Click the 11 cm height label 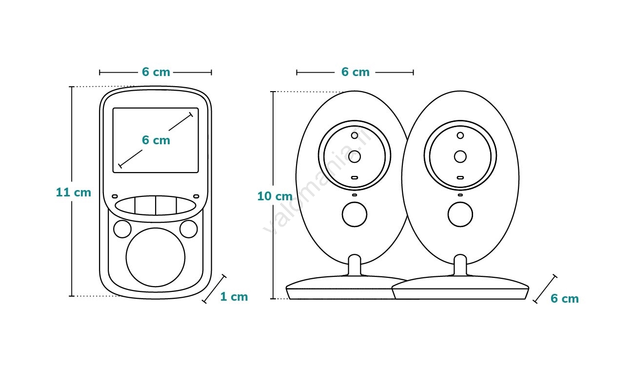pyautogui.click(x=73, y=193)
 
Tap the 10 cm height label pyautogui.click(x=275, y=196)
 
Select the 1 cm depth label pyautogui.click(x=234, y=297)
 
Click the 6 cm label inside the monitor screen pyautogui.click(x=156, y=140)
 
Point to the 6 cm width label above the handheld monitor pyautogui.click(x=156, y=72)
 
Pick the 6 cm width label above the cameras pyautogui.click(x=355, y=72)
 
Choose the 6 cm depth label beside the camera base pyautogui.click(x=565, y=299)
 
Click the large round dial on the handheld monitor pyautogui.click(x=156, y=257)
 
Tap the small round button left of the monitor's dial pyautogui.click(x=122, y=229)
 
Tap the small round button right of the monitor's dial pyautogui.click(x=189, y=229)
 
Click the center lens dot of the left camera pyautogui.click(x=355, y=156)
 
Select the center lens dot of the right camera pyautogui.click(x=460, y=156)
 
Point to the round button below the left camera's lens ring pyautogui.click(x=355, y=214)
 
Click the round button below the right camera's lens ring pyautogui.click(x=460, y=214)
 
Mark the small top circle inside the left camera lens pyautogui.click(x=355, y=135)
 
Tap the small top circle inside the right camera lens pyautogui.click(x=460, y=135)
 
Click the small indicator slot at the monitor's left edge pyautogui.click(x=115, y=196)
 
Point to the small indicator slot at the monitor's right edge pyautogui.click(x=196, y=196)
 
